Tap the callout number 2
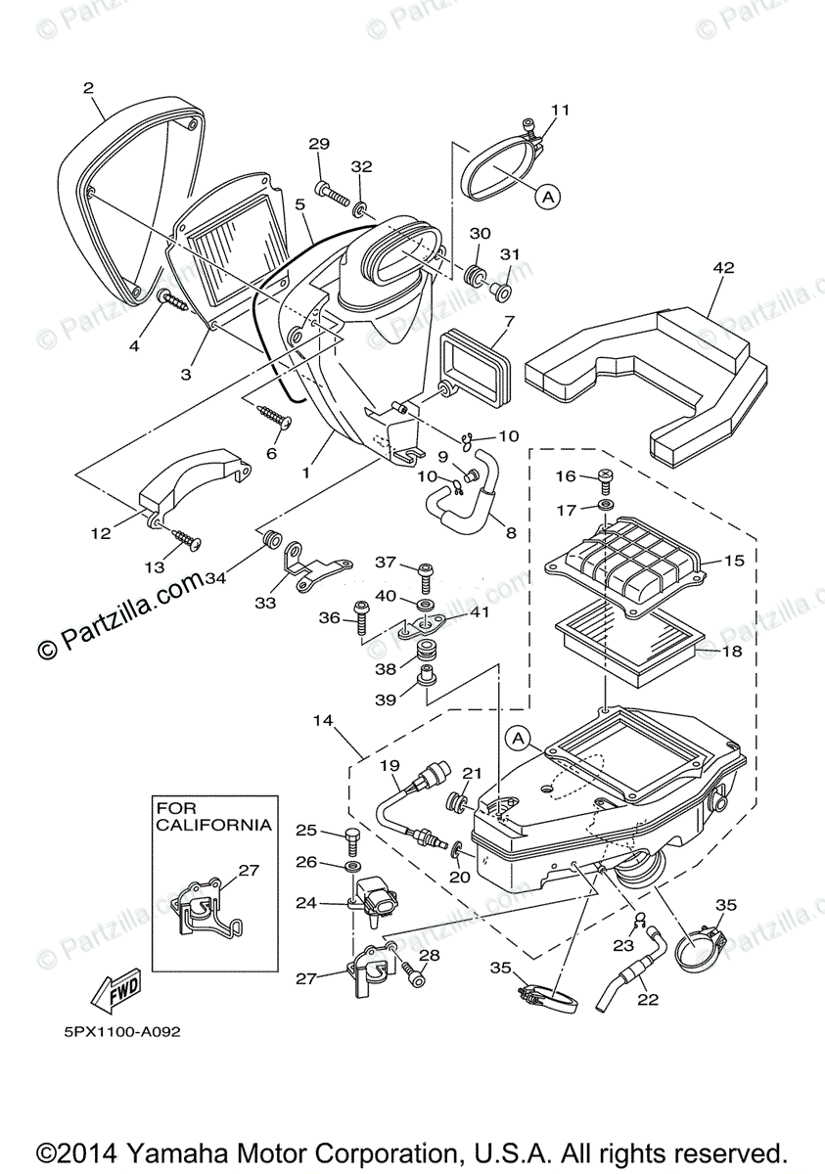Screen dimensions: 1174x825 (88, 88)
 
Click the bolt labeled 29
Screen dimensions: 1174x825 (333, 192)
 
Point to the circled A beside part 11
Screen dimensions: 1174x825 (548, 197)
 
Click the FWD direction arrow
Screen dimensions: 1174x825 (115, 992)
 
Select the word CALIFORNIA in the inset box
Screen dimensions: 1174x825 (213, 825)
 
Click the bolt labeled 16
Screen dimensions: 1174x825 (605, 480)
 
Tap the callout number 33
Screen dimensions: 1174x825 (266, 604)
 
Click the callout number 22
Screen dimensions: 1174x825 (648, 999)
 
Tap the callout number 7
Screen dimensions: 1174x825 (509, 320)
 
